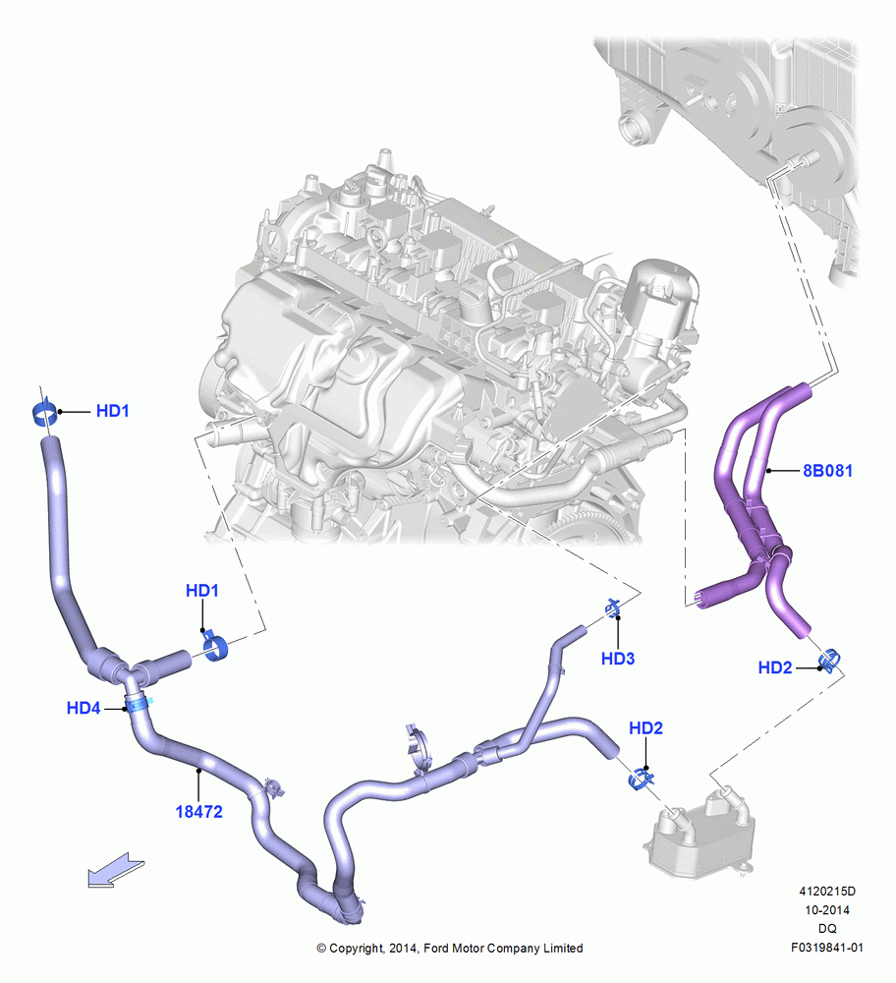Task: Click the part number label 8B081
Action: [x=827, y=470]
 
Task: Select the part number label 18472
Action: [x=198, y=811]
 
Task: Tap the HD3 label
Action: [x=618, y=659]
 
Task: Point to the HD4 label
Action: [x=84, y=708]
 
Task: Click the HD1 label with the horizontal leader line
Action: [x=113, y=411]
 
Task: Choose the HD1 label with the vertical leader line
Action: [x=202, y=590]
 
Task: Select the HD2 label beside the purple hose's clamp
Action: [x=775, y=667]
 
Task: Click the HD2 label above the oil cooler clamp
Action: [x=646, y=727]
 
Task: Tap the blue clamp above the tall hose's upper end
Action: [x=44, y=413]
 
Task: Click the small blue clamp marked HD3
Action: [x=612, y=608]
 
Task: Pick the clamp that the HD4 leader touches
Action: [x=139, y=704]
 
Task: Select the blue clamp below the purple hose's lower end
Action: [x=829, y=661]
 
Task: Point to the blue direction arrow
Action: [x=116, y=870]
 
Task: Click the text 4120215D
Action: [x=827, y=891]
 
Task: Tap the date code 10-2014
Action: [x=827, y=909]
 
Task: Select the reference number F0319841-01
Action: [x=827, y=948]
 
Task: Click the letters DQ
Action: [x=827, y=929]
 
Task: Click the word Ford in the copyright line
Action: [x=437, y=948]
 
